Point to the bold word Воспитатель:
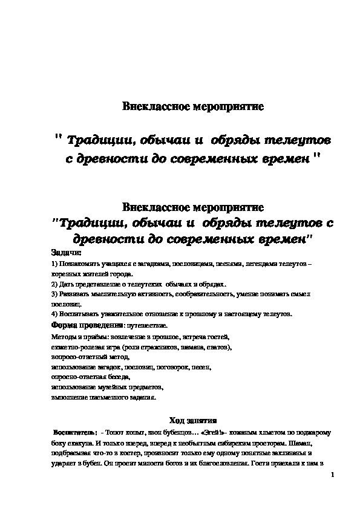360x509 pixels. [74, 433]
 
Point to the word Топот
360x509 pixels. [116, 433]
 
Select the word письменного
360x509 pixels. [105, 397]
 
